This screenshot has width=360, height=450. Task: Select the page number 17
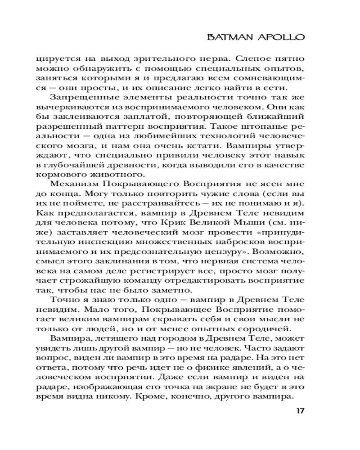(300, 411)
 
